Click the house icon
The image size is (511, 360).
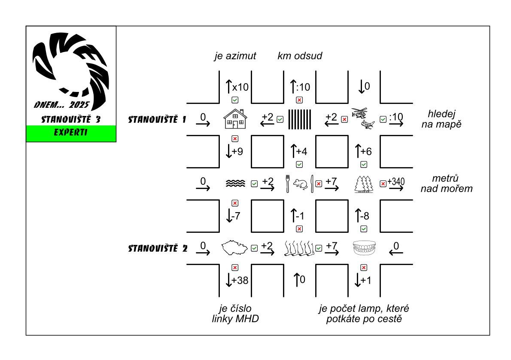pyautogui.click(x=235, y=119)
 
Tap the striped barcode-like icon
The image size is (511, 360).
pyautogui.click(x=299, y=119)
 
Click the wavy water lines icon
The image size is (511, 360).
pyautogui.click(x=235, y=183)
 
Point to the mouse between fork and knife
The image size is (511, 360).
pyautogui.click(x=300, y=184)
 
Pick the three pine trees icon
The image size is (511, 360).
pyautogui.click(x=363, y=184)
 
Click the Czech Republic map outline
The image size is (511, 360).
pyautogui.click(x=234, y=248)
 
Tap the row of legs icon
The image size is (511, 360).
pyautogui.click(x=299, y=248)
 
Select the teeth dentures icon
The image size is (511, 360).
pyautogui.click(x=364, y=248)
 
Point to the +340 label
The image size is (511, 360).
pyautogui.click(x=396, y=182)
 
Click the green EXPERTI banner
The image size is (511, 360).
pyautogui.click(x=71, y=132)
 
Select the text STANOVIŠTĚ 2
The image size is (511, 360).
pyautogui.click(x=158, y=248)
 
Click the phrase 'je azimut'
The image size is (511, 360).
pyautogui.click(x=235, y=56)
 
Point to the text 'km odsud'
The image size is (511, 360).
pyautogui.click(x=300, y=56)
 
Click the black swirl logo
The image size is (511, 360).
pyautogui.click(x=71, y=64)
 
